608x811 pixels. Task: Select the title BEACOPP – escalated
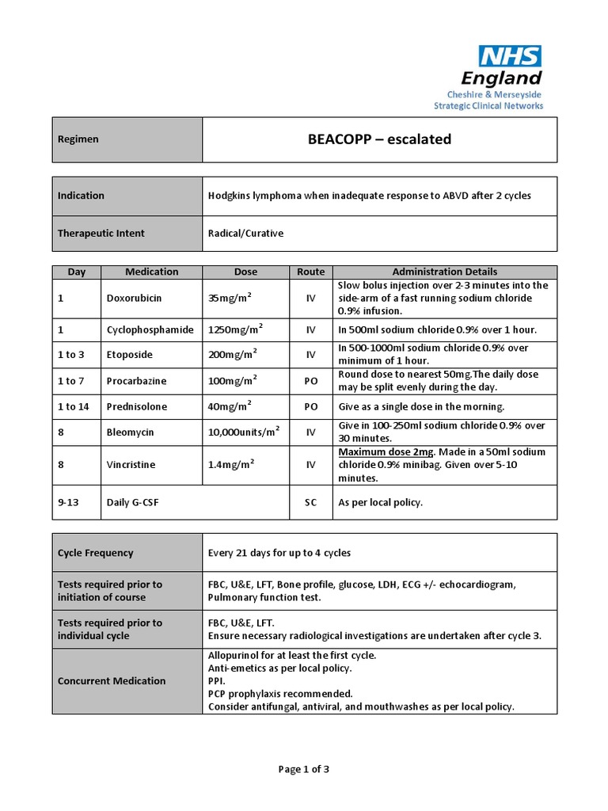coord(379,139)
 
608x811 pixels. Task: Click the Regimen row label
coord(78,139)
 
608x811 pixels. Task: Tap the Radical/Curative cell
coord(245,234)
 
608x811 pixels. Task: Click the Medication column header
coord(152,272)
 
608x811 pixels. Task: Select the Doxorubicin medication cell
coord(135,299)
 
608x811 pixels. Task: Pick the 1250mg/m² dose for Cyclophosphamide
coord(236,329)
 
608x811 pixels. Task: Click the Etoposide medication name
coord(129,355)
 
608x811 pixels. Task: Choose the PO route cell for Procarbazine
coord(311,381)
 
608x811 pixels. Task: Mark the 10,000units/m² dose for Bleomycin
coord(244,432)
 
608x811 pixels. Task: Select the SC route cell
coord(311,503)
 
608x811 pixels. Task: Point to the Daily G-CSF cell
coord(132,503)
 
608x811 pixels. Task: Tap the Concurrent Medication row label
coord(112,681)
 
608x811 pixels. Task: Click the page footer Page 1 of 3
coord(304,768)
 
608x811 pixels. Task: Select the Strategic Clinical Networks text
coord(488,106)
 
